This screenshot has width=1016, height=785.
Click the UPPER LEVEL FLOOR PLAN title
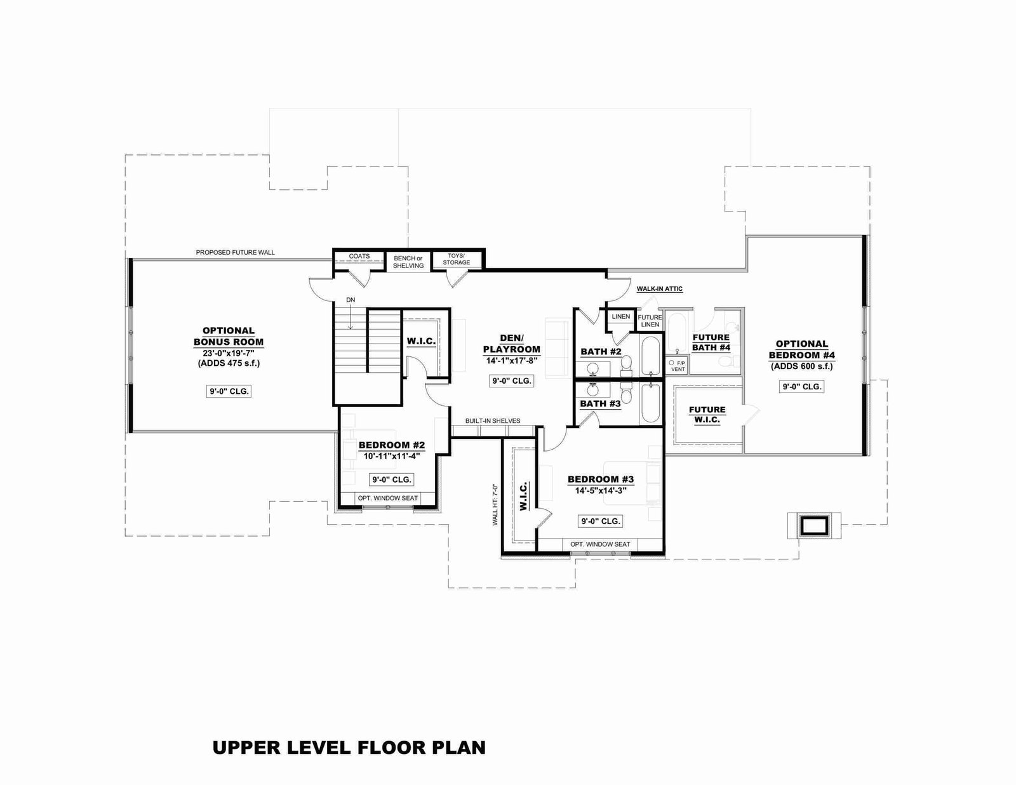coord(349,748)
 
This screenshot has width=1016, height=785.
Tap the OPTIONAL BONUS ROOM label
coord(229,336)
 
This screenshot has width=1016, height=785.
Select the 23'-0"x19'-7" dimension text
coord(229,354)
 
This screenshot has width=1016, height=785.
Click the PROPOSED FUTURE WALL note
coord(235,253)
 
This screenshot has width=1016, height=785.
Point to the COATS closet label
coord(359,256)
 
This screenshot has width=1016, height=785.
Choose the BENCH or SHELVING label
coord(408,262)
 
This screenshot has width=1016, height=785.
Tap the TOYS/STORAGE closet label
coord(457,259)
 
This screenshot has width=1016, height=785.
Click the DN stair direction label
coord(351,300)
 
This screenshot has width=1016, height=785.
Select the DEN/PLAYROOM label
coord(512,344)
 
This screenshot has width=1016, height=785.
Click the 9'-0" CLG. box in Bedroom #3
coord(601,521)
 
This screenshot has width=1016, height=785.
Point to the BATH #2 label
coord(601,352)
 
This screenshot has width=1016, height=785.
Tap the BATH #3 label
coord(600,403)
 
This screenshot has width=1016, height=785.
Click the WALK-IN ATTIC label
coord(660,289)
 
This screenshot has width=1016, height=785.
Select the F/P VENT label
coord(678,366)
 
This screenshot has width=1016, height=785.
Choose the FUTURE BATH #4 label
coord(711,342)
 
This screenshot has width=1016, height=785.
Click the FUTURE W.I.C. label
coord(707,415)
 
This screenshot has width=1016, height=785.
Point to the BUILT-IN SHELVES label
coord(493,421)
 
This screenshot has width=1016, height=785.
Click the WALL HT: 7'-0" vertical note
coord(495,504)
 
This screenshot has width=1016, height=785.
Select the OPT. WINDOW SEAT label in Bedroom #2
coord(388,498)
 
